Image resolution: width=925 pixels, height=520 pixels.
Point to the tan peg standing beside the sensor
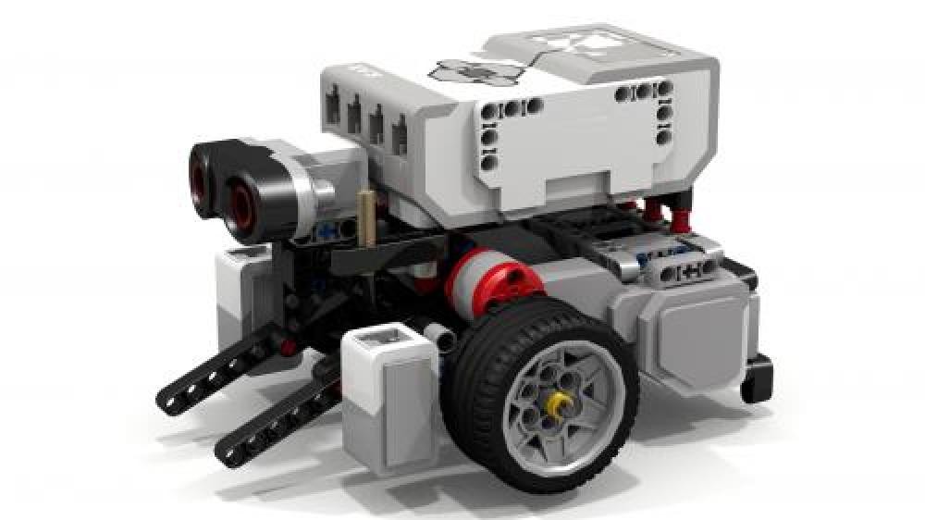pos(368,217)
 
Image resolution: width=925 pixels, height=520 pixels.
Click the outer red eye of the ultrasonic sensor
pos(202,169)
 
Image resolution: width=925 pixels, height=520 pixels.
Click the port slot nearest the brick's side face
pos(401,136)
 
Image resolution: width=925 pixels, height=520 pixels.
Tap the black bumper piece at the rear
pos(757,378)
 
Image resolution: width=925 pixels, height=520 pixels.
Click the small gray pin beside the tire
pos(436,332)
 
